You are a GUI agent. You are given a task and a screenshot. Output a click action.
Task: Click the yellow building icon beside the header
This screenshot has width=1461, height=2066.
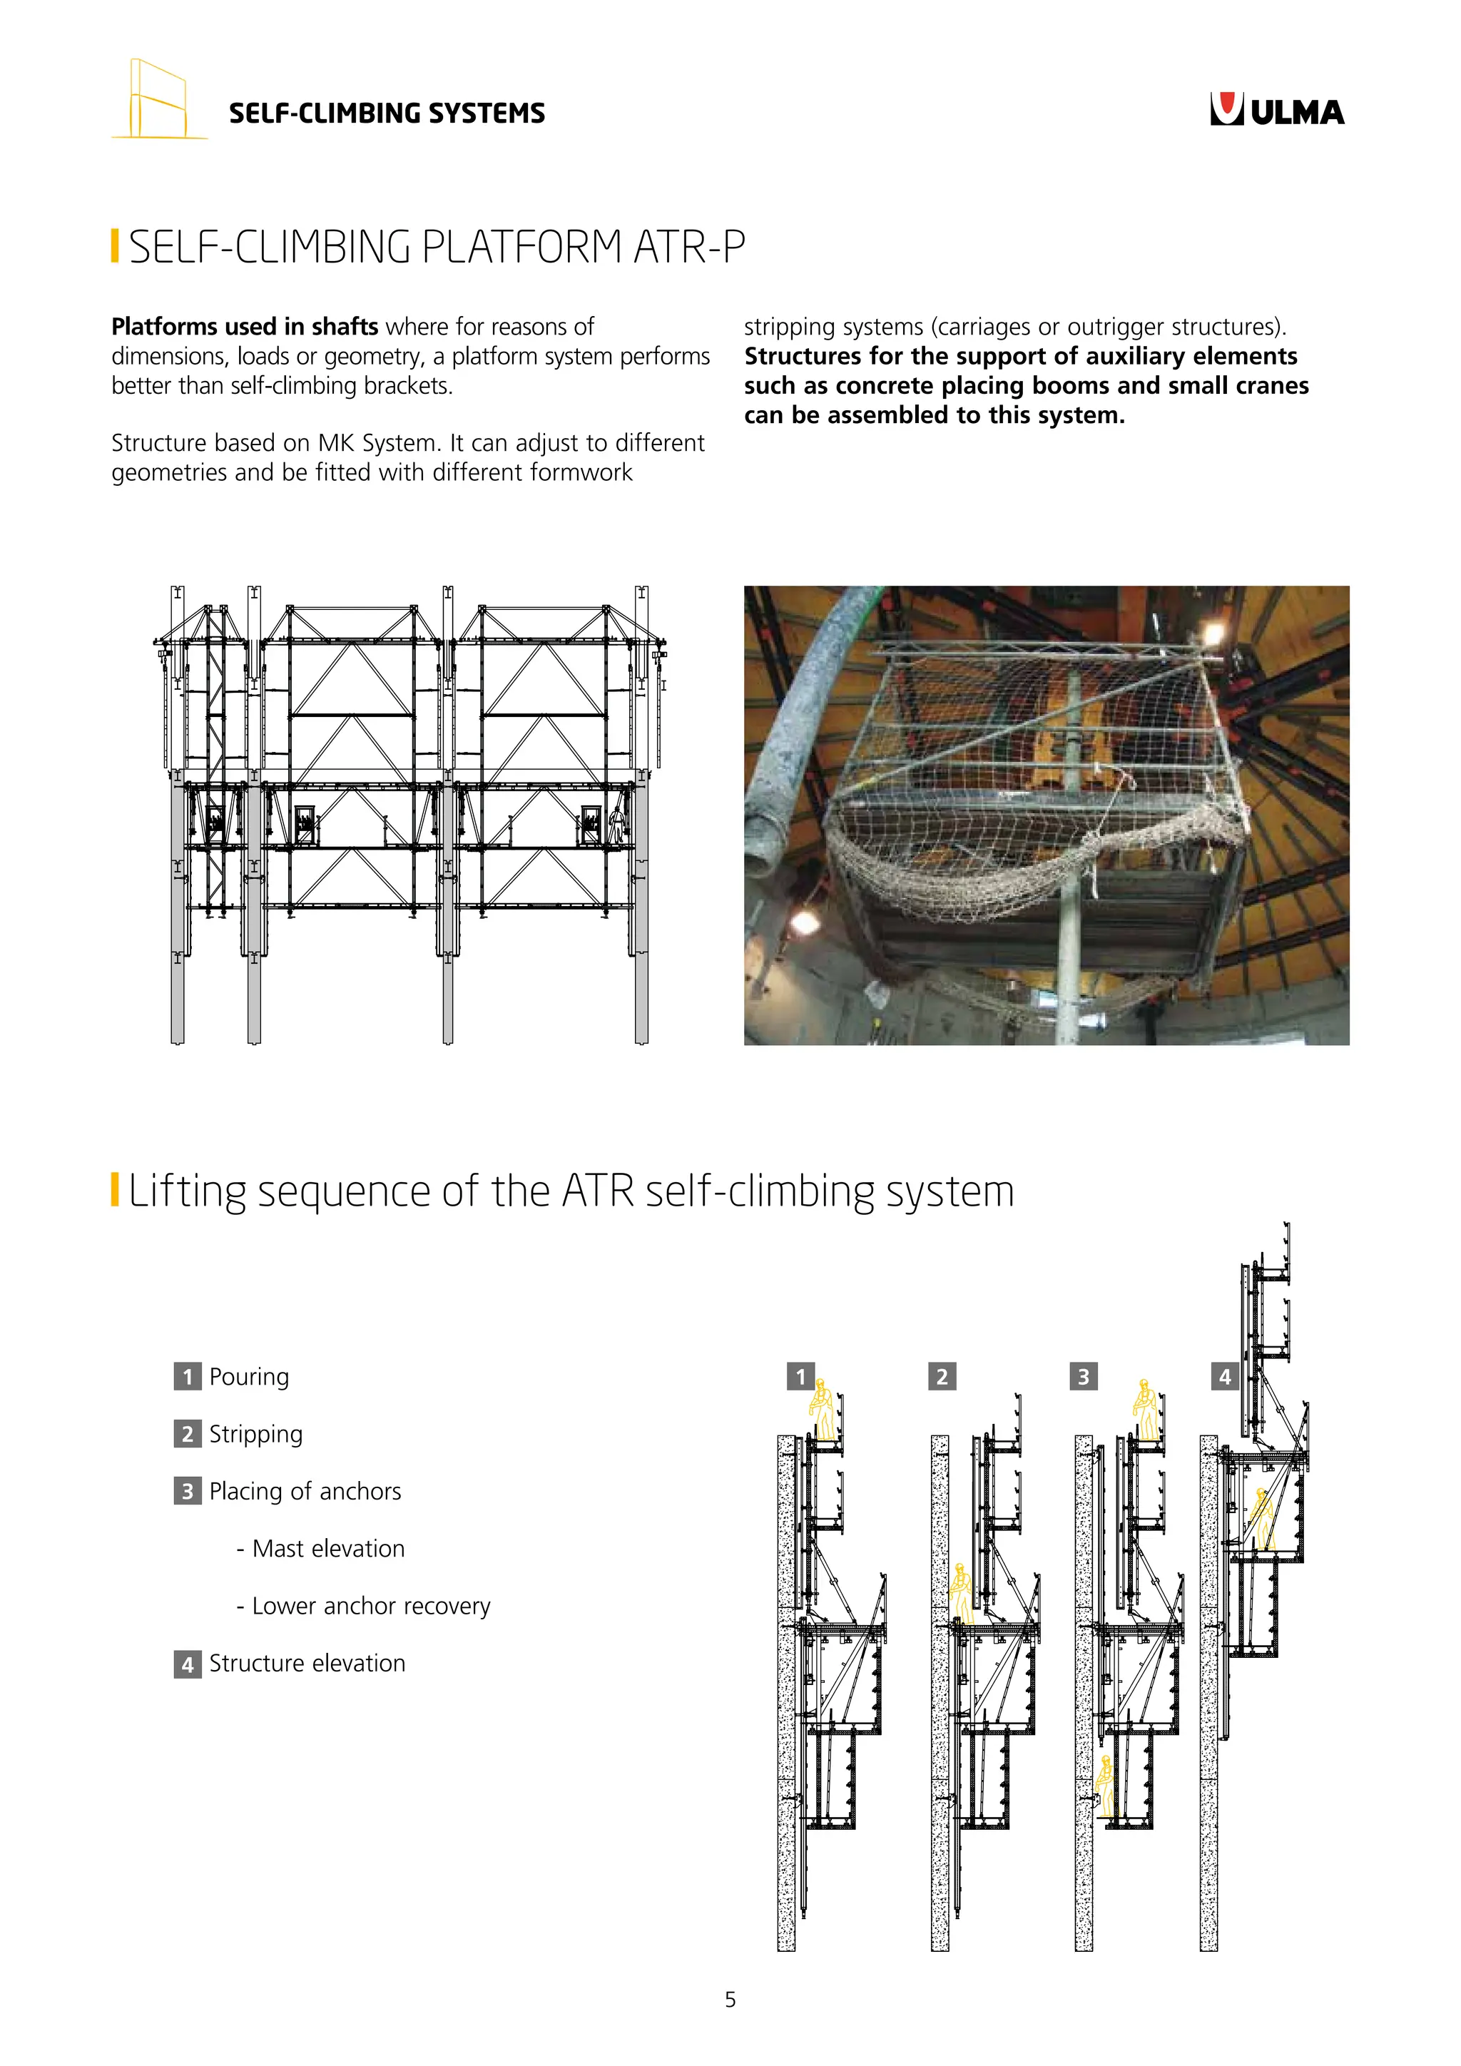click(x=158, y=100)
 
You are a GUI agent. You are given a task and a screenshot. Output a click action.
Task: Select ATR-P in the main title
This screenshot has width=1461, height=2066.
click(x=688, y=247)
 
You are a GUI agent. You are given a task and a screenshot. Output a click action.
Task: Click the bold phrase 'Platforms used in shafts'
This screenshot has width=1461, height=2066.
click(x=244, y=327)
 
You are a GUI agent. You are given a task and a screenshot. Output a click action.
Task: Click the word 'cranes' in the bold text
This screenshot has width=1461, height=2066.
click(x=1268, y=386)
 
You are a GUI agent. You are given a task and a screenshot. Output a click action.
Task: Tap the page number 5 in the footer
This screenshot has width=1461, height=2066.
click(x=730, y=2000)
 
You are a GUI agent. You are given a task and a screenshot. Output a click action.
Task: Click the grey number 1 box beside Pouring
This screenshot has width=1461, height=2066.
click(x=187, y=1377)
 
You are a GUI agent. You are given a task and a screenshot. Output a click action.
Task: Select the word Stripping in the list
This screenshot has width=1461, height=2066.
click(x=255, y=1435)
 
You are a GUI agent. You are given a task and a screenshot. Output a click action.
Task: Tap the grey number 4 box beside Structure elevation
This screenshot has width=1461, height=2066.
click(x=187, y=1664)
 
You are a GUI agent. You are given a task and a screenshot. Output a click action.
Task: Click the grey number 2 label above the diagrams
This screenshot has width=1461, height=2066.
click(x=941, y=1377)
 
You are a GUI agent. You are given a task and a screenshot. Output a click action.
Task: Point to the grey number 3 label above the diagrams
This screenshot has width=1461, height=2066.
click(x=1083, y=1377)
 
